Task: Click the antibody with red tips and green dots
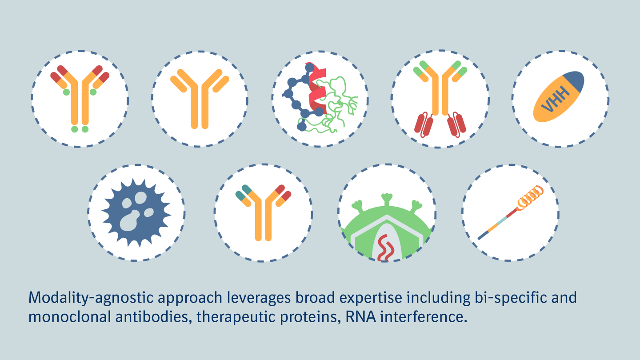(x=80, y=99)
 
